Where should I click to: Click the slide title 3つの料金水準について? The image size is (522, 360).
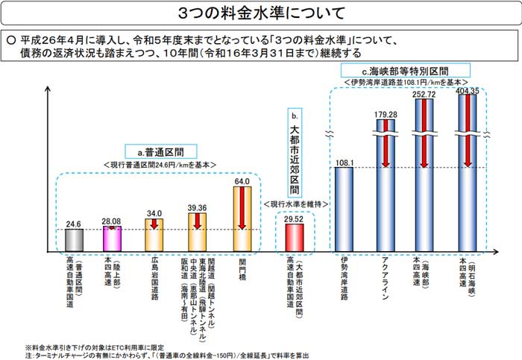262,13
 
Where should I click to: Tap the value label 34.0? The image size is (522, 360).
154,212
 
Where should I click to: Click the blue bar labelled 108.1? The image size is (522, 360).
344,208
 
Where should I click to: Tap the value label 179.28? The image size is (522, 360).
385,113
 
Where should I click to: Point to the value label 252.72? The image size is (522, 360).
424,95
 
